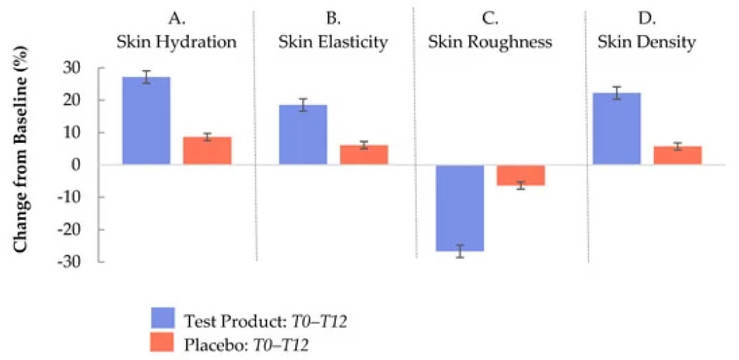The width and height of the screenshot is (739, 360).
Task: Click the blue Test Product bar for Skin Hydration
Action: click(x=146, y=121)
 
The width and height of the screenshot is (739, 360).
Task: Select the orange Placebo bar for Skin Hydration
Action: click(x=207, y=150)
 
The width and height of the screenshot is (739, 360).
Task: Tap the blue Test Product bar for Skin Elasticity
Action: click(x=303, y=135)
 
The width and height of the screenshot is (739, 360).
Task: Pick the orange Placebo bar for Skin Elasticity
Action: click(x=364, y=155)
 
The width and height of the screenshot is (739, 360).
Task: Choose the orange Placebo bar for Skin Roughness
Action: click(x=521, y=175)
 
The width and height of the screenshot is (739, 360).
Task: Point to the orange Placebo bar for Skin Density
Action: click(x=677, y=155)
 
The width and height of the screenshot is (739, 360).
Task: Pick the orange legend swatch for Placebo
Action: click(x=164, y=342)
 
